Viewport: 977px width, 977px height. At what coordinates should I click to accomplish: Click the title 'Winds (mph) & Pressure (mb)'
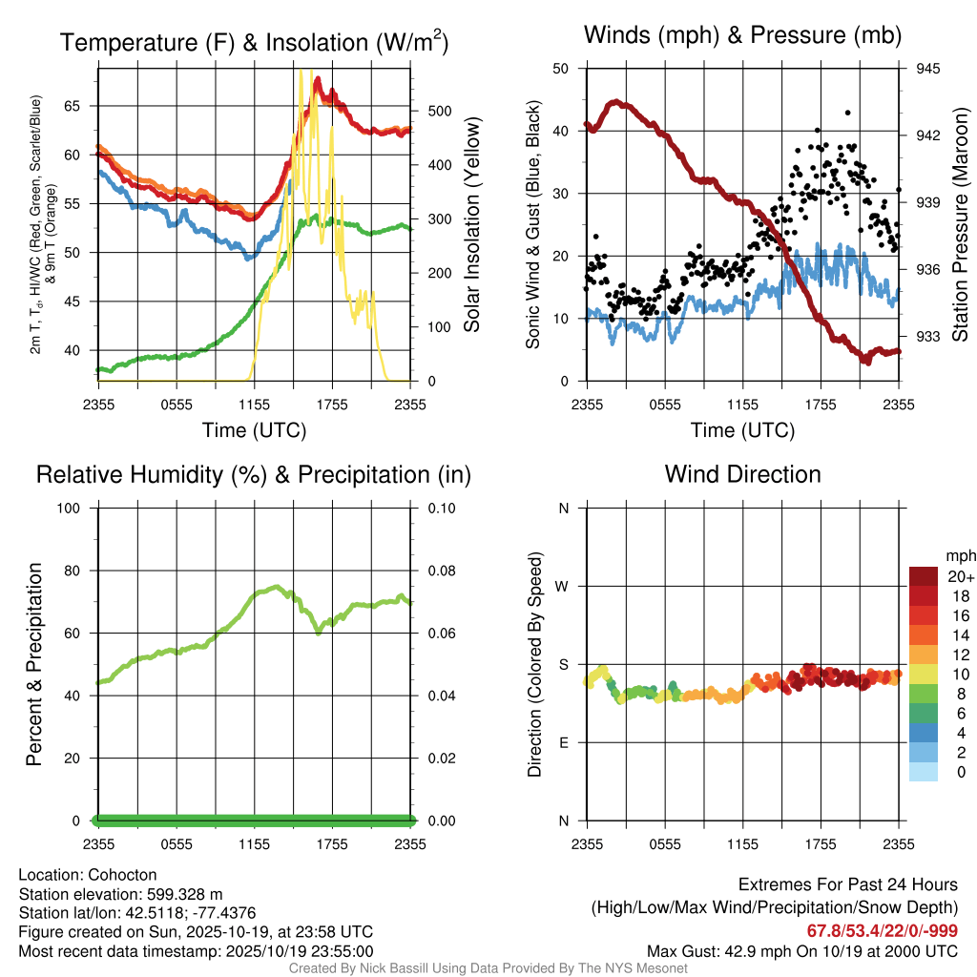point(742,35)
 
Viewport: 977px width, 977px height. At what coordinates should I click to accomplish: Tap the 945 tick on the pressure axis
point(927,69)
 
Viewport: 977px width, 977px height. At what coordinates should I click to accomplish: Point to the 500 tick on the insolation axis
point(439,111)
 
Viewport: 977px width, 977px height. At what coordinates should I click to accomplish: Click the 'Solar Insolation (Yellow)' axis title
point(472,224)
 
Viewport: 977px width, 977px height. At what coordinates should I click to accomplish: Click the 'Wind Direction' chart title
point(742,474)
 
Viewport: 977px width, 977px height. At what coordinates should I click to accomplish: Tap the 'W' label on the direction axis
point(563,586)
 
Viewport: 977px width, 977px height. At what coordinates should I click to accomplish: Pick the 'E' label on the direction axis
point(563,742)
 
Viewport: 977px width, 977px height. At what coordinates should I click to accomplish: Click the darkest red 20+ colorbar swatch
point(923,576)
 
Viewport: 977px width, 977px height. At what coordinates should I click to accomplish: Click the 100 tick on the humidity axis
point(74,508)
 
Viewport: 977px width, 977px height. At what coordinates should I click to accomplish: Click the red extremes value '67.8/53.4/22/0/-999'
point(883,931)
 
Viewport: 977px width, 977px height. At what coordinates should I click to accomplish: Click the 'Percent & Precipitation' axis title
point(34,664)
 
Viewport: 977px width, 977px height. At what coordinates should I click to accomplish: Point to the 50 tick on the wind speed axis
point(561,69)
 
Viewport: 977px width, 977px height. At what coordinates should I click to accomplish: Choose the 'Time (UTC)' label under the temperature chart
point(254,430)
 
